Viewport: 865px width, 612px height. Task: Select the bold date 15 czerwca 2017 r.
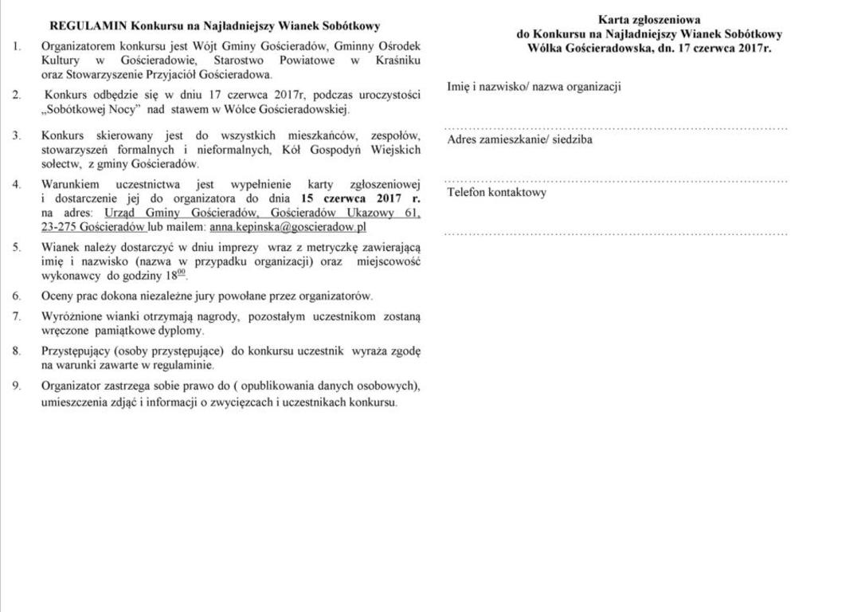(361, 198)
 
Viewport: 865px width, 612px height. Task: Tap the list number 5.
(17, 247)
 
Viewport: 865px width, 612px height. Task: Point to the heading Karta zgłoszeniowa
(649, 20)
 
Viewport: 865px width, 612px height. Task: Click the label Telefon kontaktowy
(497, 193)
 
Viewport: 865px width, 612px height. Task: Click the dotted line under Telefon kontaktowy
(616, 233)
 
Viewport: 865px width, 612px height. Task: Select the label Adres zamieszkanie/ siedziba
(519, 140)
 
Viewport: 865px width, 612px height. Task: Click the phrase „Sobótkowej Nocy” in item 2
(92, 109)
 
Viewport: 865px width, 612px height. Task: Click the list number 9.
(17, 386)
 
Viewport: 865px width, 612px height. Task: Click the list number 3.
(17, 135)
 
